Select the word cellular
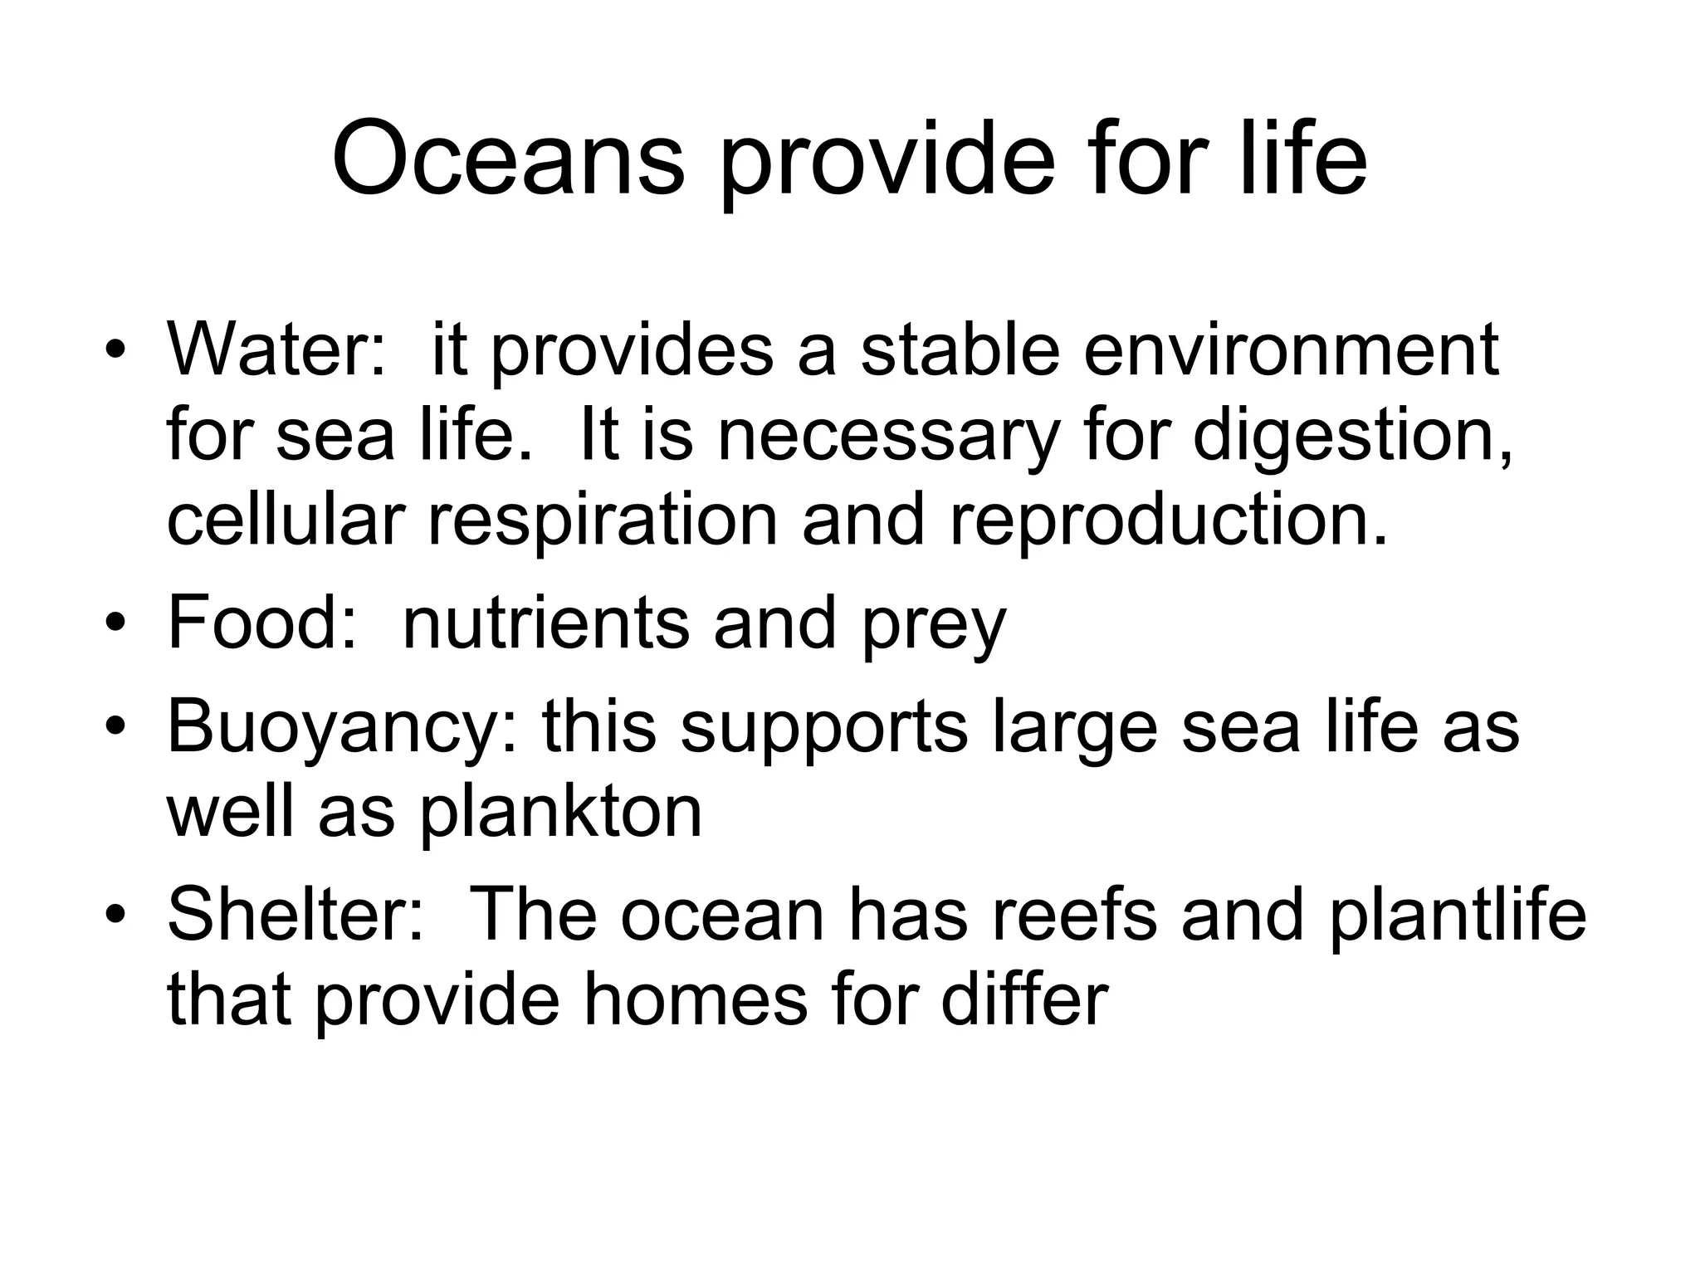click(286, 520)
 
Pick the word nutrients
click(545, 623)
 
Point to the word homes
click(696, 1000)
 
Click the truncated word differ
click(1024, 1000)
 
